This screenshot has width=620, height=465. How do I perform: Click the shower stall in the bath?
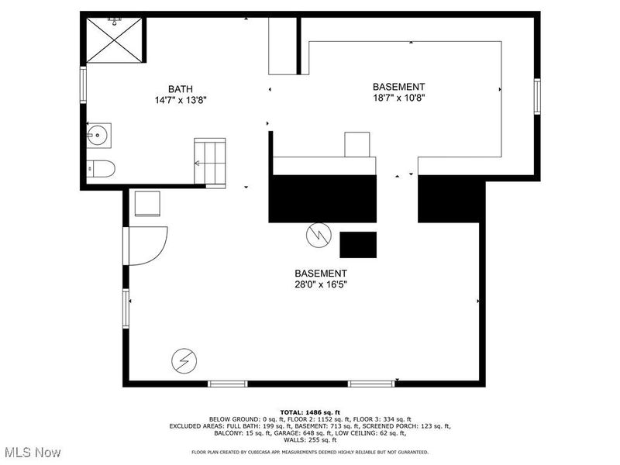pos(114,40)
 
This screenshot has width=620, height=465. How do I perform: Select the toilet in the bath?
pos(102,168)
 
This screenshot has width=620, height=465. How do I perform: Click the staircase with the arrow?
pos(209,163)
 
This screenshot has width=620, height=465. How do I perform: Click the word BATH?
pos(181,88)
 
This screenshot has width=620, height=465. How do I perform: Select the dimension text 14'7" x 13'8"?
pos(181,100)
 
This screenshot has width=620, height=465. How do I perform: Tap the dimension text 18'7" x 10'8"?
pos(398,98)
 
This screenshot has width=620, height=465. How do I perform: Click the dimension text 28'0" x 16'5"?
pos(320,284)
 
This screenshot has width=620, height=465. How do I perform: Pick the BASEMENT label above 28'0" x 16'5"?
pos(320,273)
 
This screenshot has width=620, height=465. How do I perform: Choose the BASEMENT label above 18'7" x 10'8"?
pos(398,87)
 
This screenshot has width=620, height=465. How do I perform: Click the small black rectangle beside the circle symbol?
pos(358,244)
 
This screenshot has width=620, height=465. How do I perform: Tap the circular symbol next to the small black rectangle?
pos(318,235)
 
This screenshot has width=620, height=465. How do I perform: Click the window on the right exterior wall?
pos(536,97)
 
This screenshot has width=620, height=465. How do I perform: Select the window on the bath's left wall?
pos(83,85)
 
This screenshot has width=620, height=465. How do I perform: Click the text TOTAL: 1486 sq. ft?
pos(310,412)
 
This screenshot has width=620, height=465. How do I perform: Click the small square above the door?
pos(146,203)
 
